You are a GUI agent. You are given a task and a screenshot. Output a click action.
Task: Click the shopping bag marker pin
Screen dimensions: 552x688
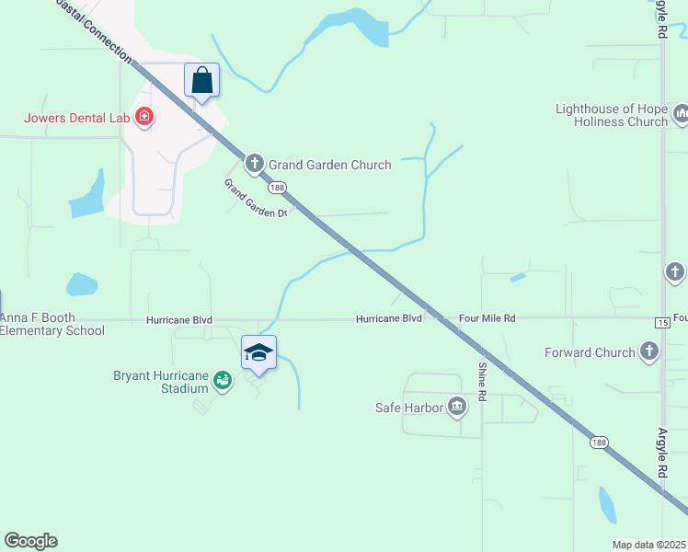(x=202, y=80)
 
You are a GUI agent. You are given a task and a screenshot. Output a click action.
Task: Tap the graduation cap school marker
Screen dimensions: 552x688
(x=259, y=352)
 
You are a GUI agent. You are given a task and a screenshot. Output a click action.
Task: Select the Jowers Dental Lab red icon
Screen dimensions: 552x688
(x=143, y=117)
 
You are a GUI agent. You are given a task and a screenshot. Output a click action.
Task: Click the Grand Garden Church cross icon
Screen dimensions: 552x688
(x=255, y=165)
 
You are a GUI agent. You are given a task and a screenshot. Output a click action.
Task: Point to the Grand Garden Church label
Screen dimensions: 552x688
(x=329, y=166)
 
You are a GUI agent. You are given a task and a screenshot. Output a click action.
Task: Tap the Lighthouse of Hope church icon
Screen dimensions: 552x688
(x=681, y=115)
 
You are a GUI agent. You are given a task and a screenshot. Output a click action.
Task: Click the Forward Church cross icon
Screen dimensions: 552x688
(x=649, y=351)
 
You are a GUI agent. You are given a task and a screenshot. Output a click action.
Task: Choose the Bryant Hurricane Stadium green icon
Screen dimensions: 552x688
(x=222, y=379)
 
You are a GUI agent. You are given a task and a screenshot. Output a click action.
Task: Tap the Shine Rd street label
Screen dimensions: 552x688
(x=481, y=382)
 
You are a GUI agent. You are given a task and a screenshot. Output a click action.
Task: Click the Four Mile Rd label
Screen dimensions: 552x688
(x=487, y=318)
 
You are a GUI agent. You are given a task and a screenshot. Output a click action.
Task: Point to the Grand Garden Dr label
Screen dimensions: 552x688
(x=256, y=198)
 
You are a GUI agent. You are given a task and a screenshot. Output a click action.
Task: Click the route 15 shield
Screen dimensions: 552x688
(x=662, y=321)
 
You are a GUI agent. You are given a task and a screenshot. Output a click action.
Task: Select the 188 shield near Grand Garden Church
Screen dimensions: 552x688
(x=278, y=188)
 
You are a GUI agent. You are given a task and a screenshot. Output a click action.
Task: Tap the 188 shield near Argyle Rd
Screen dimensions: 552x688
(x=599, y=443)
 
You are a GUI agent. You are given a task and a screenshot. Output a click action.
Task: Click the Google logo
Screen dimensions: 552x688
(x=30, y=541)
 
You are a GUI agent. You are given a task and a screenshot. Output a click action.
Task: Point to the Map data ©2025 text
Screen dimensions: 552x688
(x=649, y=545)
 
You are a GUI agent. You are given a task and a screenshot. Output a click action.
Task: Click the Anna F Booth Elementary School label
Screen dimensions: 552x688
(x=52, y=325)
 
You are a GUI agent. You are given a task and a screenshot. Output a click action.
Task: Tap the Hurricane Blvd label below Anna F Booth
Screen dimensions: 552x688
(x=178, y=320)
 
